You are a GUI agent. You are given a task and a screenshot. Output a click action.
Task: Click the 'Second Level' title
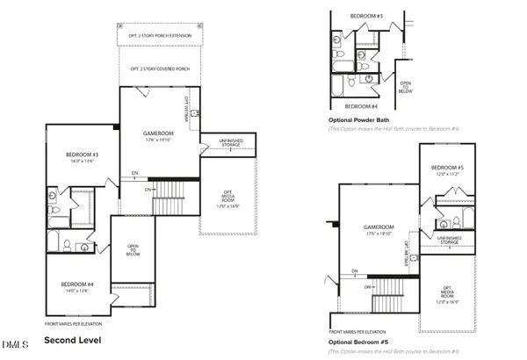pyautogui.click(x=73, y=339)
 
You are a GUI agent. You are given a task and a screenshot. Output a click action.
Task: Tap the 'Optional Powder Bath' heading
pyautogui.click(x=358, y=119)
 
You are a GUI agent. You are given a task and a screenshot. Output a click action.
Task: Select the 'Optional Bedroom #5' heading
pyautogui.click(x=358, y=341)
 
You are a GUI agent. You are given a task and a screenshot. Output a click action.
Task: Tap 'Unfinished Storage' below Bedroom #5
pyautogui.click(x=448, y=239)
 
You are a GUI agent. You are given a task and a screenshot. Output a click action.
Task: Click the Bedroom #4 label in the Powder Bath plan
pyautogui.click(x=362, y=104)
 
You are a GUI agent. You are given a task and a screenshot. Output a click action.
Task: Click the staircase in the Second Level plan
pyautogui.click(x=171, y=198)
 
